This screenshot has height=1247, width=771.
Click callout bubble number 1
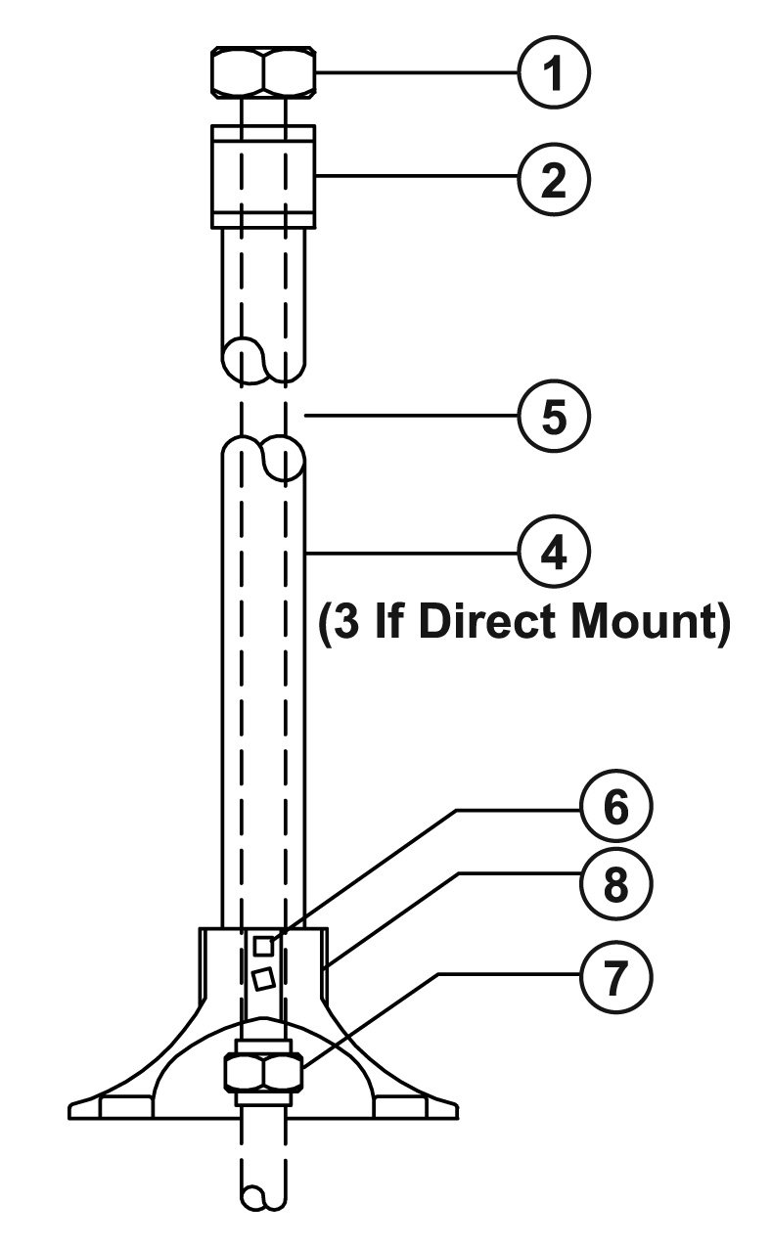click(554, 73)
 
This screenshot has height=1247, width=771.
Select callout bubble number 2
click(554, 179)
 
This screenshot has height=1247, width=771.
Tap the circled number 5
click(554, 416)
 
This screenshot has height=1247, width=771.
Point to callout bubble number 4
click(554, 553)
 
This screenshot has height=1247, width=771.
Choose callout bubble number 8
click(613, 887)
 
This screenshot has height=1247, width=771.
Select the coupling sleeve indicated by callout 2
click(262, 176)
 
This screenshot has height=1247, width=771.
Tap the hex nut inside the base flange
click(262, 1073)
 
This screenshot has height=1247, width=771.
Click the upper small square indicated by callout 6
click(262, 945)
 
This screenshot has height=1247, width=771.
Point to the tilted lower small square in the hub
click(261, 978)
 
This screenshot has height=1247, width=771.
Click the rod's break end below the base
click(262, 1198)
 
